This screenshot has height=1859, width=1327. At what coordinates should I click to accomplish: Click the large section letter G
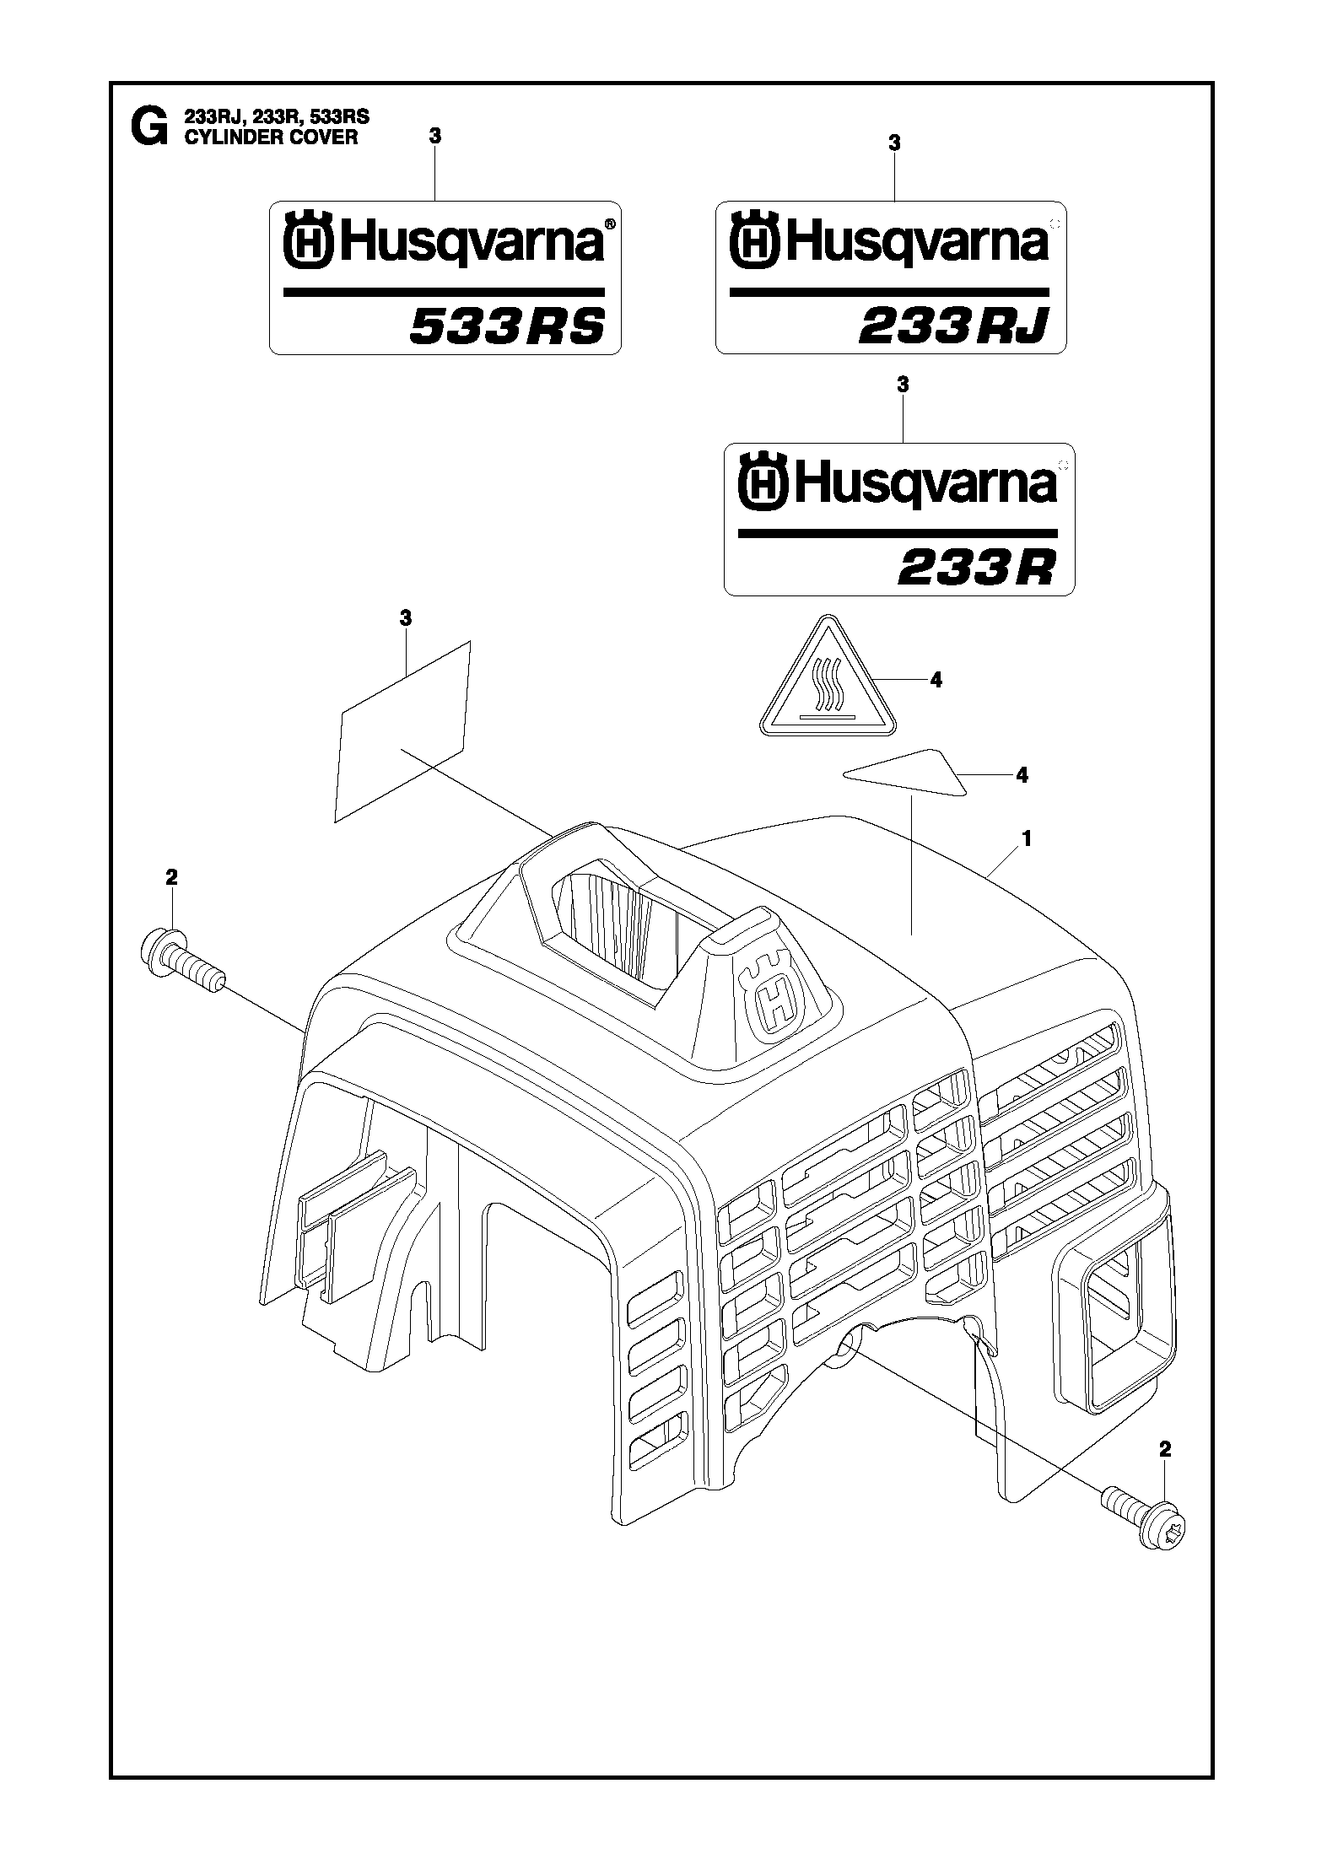pyautogui.click(x=148, y=127)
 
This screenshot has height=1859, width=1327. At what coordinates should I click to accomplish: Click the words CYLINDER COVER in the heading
pyautogui.click(x=271, y=137)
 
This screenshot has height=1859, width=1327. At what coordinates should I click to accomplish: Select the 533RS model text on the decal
pyautogui.click(x=507, y=326)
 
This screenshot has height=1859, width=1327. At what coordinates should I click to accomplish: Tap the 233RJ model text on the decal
pyautogui.click(x=953, y=326)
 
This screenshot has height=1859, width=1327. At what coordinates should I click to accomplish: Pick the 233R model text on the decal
pyautogui.click(x=976, y=568)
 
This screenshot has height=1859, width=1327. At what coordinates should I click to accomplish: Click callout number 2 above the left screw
pyautogui.click(x=171, y=878)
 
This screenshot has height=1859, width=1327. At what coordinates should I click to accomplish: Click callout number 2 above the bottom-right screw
pyautogui.click(x=1165, y=1449)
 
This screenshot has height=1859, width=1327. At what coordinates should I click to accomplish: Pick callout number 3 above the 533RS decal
pyautogui.click(x=434, y=135)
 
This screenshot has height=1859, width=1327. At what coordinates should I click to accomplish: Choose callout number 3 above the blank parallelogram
pyautogui.click(x=405, y=618)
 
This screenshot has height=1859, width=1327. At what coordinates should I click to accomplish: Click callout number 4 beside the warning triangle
pyautogui.click(x=936, y=680)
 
